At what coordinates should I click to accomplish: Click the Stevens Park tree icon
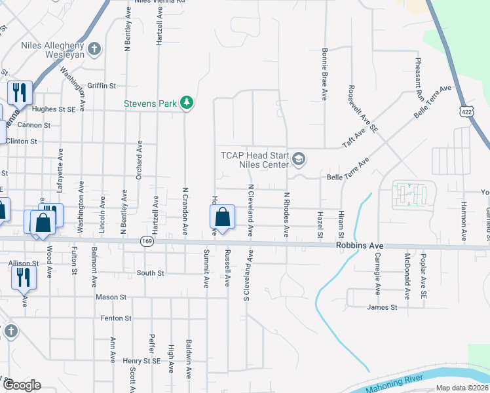[187, 102]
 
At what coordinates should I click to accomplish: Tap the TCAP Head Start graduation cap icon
[299, 158]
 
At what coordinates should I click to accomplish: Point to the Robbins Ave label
[360, 246]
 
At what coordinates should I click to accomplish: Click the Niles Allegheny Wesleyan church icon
[94, 48]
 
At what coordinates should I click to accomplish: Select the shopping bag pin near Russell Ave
[223, 217]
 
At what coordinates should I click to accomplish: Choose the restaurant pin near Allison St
[24, 276]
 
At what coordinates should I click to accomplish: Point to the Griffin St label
[102, 86]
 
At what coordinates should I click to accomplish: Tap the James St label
[383, 307]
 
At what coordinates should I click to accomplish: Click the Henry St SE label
[141, 361]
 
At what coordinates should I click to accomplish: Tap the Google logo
[22, 384]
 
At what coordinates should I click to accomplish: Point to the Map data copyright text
[462, 388]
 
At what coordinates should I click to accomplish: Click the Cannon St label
[38, 125]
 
